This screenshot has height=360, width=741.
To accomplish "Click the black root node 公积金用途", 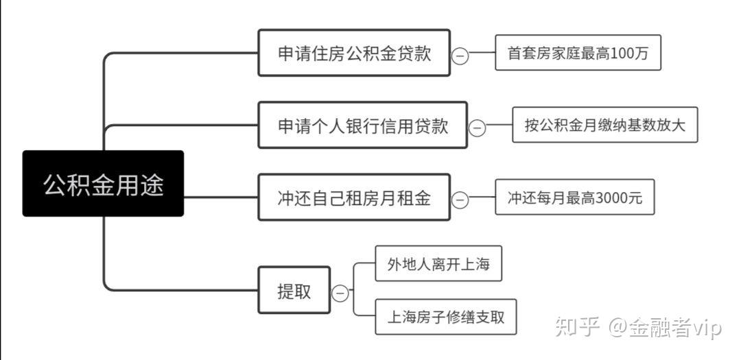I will pos(103,184).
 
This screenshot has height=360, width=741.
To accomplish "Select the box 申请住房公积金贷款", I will pos(354,53).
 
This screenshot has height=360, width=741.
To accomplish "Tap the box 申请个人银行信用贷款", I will pos(362,125).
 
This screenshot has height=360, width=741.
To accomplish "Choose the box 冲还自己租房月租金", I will pos(354,197).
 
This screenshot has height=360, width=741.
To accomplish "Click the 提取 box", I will pos(294,291).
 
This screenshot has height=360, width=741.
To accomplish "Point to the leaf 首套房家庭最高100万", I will pos(578,53).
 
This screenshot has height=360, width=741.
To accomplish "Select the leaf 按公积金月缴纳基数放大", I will pos(604,125).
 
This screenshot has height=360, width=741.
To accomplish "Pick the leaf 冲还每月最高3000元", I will pos(574,197).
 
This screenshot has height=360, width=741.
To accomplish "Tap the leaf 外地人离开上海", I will pos(438,264).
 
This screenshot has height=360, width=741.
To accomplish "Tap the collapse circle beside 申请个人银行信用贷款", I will pos(477,128).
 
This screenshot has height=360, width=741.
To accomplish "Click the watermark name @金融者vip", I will pos(664,328).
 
